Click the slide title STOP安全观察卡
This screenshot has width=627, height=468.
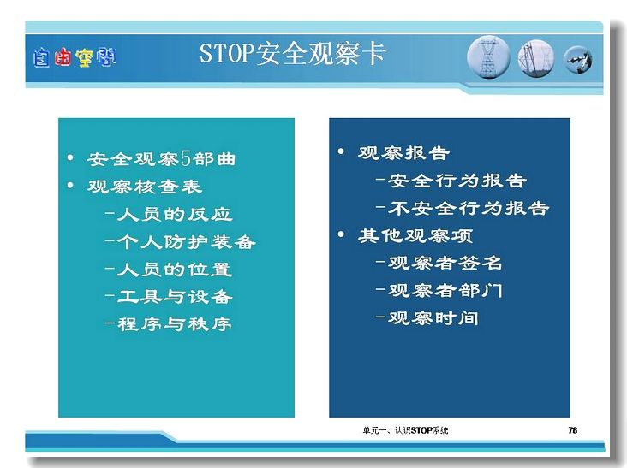pos(292,54)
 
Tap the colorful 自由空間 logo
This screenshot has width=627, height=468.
pos(75,58)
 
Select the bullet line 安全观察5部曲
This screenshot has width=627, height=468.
pos(161,159)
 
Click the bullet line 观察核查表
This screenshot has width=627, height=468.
pos(145,187)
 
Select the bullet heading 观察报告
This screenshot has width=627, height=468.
pos(403,152)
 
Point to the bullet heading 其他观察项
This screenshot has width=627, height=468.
pos(415,235)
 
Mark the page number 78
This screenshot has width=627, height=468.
pos(573,430)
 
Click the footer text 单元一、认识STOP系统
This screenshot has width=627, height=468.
pos(405,430)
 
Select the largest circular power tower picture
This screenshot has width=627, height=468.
pos(488,57)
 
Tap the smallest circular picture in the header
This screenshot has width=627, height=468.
pos(578,60)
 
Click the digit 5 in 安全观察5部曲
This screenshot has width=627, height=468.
pos(186,158)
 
